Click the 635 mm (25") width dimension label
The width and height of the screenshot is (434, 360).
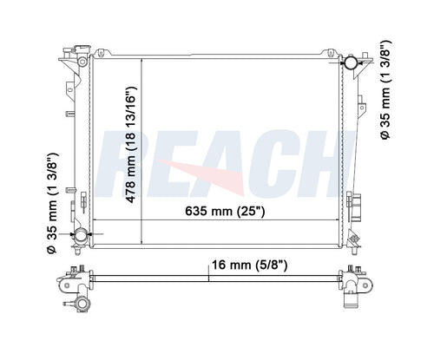[225, 211]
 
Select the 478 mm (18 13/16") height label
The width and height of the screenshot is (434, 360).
[131, 145]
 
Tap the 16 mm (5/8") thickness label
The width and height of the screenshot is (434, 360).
[250, 265]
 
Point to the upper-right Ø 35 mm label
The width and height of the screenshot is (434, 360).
[385, 90]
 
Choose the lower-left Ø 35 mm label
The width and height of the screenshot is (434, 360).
[53, 204]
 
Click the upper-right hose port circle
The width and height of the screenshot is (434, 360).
[351, 62]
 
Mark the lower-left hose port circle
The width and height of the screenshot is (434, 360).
[81, 235]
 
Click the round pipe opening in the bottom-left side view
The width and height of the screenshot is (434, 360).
[83, 304]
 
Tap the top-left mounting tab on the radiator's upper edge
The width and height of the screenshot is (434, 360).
[101, 53]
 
